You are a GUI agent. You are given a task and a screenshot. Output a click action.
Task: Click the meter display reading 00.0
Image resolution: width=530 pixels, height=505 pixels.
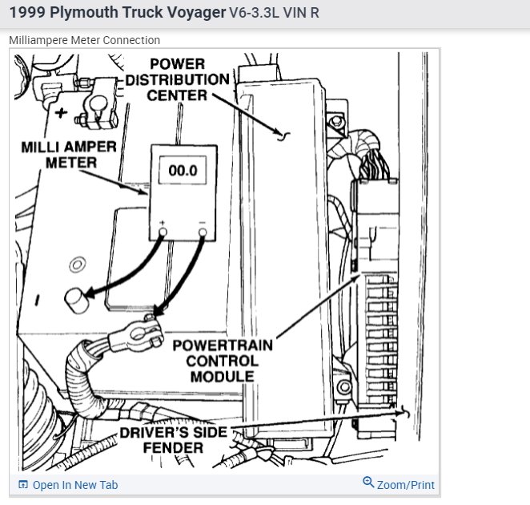pyautogui.click(x=183, y=171)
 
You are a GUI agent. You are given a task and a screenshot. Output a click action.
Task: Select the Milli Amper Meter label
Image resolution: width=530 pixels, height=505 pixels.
pyautogui.click(x=69, y=155)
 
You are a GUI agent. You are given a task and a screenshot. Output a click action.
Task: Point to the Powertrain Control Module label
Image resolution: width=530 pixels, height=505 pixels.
pyautogui.click(x=222, y=360)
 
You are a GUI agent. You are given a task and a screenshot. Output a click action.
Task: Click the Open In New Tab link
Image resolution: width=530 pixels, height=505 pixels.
pyautogui.click(x=75, y=485)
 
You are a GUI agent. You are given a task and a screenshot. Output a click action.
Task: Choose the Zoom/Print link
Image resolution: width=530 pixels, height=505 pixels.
pyautogui.click(x=405, y=485)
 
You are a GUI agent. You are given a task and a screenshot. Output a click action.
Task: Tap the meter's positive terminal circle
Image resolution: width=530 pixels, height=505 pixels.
pyautogui.click(x=163, y=232)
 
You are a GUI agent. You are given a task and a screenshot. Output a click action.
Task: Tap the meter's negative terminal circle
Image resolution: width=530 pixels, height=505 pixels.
pyautogui.click(x=202, y=232)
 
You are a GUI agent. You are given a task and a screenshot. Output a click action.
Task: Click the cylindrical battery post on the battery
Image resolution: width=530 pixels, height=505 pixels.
pyautogui.click(x=74, y=300)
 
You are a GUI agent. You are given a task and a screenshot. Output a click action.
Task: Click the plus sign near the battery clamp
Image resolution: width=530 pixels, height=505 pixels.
pyautogui.click(x=61, y=111)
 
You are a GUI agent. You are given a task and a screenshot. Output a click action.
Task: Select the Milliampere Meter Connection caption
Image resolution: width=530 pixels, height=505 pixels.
pyautogui.click(x=84, y=40)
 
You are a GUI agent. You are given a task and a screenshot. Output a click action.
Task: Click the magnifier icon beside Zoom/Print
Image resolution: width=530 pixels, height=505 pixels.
pyautogui.click(x=368, y=483)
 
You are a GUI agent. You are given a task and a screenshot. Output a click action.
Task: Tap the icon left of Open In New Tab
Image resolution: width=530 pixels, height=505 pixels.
pyautogui.click(x=23, y=485)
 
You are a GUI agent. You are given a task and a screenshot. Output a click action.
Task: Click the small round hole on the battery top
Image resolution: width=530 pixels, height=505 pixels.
pyautogui.click(x=75, y=265)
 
